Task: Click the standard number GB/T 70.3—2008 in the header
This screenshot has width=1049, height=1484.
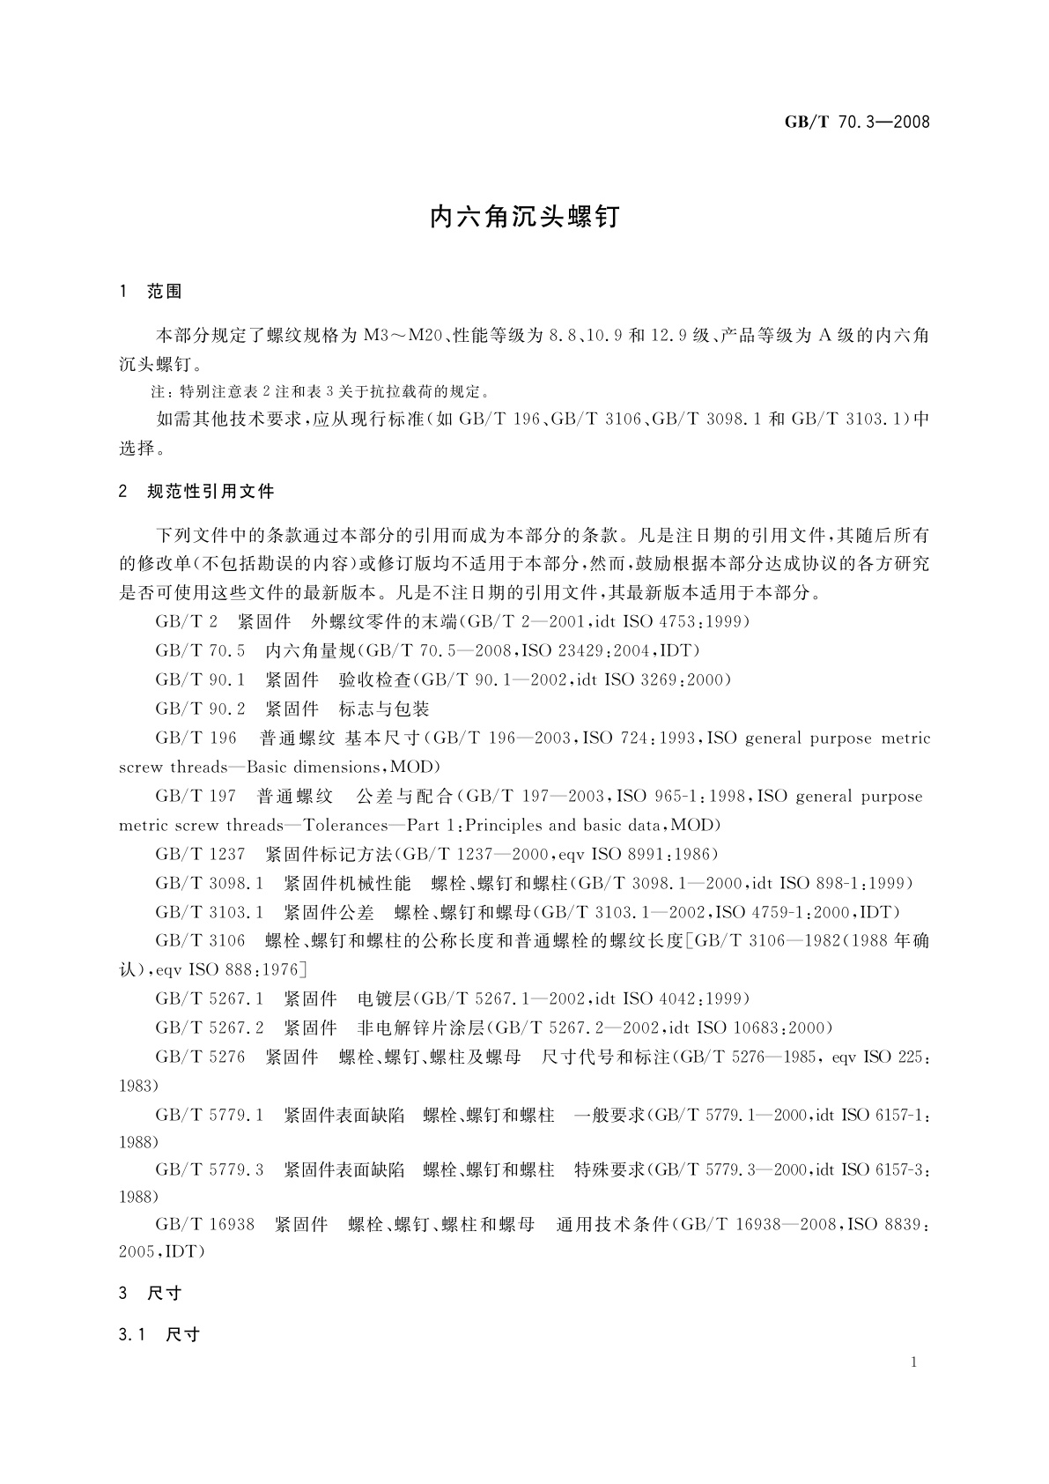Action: click(856, 122)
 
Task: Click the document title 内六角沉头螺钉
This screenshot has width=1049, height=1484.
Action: click(524, 217)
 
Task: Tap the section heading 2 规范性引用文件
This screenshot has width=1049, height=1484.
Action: click(196, 492)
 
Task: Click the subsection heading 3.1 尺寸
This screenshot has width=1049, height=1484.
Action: click(159, 1334)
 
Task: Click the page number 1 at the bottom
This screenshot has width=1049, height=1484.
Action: click(914, 1362)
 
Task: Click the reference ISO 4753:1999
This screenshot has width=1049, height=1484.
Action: click(685, 622)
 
